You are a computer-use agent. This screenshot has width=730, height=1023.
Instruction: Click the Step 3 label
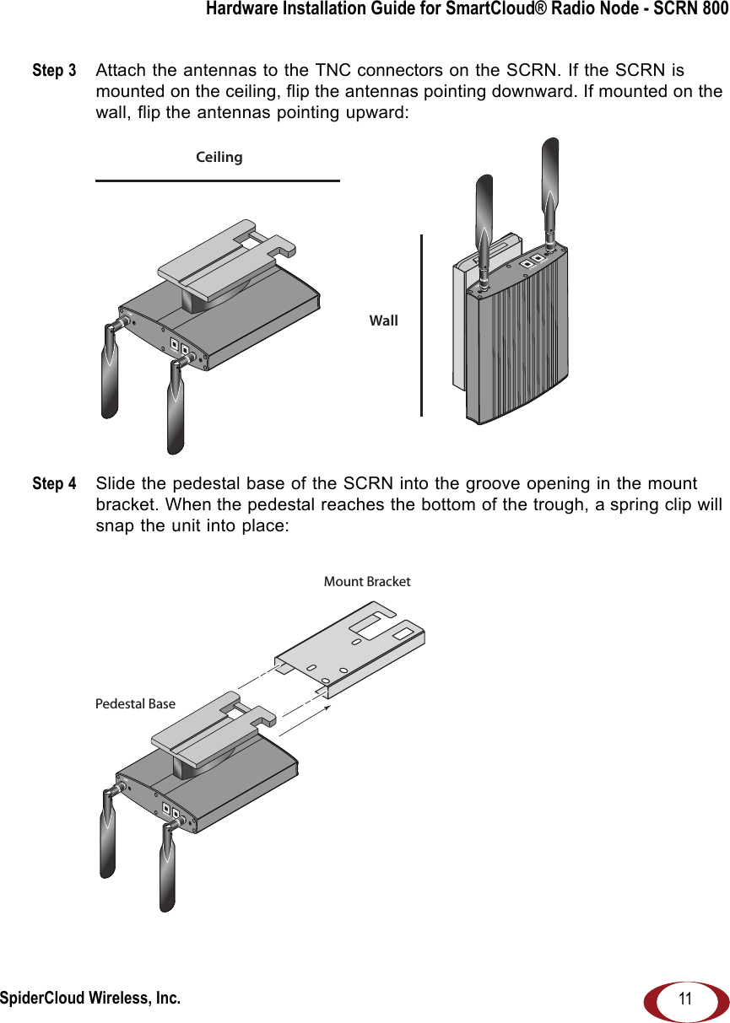(x=54, y=70)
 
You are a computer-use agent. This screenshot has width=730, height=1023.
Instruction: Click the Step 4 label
(x=54, y=484)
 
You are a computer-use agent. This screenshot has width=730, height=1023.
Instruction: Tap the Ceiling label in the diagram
(x=219, y=158)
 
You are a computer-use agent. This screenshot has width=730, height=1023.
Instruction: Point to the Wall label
(x=384, y=321)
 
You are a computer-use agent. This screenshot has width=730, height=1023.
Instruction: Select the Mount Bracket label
(x=367, y=582)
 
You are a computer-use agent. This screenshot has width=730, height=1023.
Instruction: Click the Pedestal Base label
(x=135, y=704)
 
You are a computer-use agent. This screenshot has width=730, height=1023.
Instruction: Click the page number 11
(x=684, y=999)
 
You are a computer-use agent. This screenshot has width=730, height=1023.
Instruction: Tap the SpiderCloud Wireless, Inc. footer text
(x=89, y=999)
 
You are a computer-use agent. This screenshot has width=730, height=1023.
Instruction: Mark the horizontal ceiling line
(x=217, y=180)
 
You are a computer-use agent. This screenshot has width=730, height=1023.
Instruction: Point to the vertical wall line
(x=421, y=325)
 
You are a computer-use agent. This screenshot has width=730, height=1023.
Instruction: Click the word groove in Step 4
(x=513, y=484)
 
